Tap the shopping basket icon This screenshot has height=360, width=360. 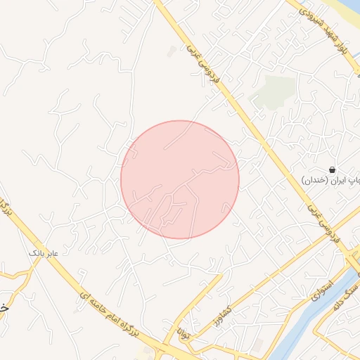331,169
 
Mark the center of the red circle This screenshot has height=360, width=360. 180,179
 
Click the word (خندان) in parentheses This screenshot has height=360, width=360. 315,180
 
